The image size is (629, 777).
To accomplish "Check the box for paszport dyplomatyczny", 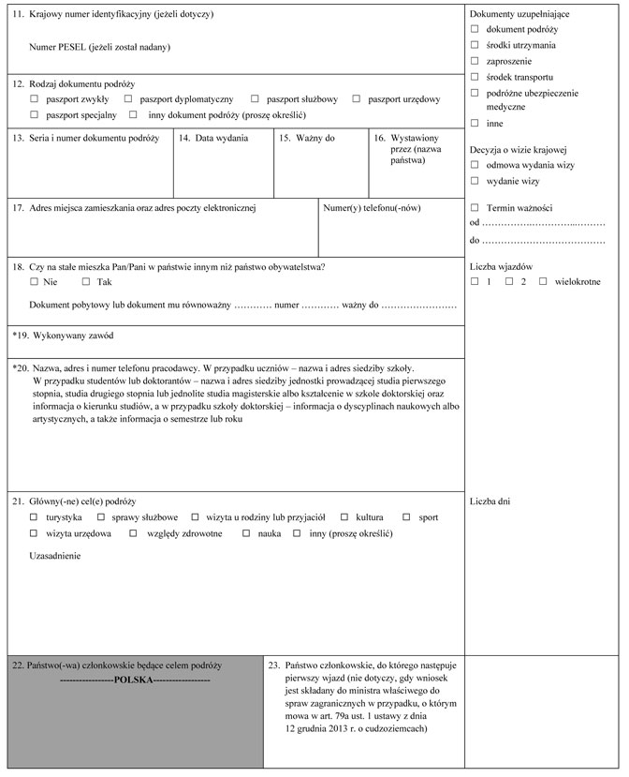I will [x=128, y=98].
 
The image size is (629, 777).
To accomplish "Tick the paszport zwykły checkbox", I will [x=34, y=98].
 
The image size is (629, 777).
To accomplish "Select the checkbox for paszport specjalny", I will [x=34, y=114].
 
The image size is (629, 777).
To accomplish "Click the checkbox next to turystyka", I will [x=34, y=517].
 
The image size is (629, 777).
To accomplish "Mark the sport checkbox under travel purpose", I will [x=407, y=517].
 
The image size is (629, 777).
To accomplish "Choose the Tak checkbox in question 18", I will [x=86, y=281].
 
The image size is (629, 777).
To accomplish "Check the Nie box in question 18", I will [x=34, y=281].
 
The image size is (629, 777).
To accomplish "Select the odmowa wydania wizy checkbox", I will [x=475, y=164].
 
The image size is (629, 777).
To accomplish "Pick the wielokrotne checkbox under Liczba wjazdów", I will [x=543, y=281].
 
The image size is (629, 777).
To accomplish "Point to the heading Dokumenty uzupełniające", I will [x=519, y=14].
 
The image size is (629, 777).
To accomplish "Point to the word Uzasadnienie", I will [x=55, y=556].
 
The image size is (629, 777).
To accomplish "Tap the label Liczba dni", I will [x=490, y=501].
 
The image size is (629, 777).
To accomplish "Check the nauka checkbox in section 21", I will [x=247, y=533].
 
